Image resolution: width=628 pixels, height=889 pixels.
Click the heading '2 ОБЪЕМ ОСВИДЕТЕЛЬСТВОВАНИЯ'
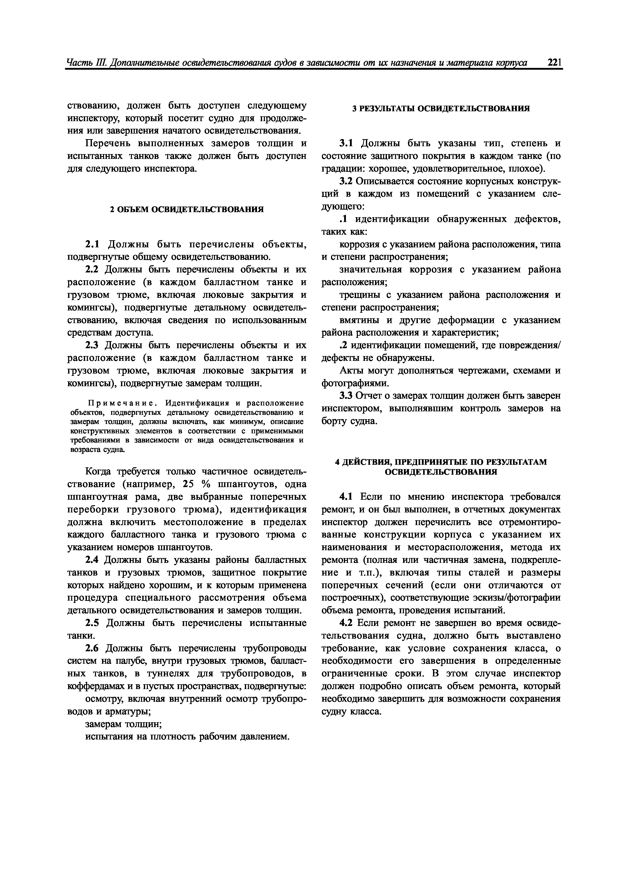coord(187,210)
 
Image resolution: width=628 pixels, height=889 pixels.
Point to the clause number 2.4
coord(92,560)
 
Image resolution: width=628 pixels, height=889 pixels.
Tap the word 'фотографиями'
coord(354,383)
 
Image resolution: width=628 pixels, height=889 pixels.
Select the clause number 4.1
coord(346,497)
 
